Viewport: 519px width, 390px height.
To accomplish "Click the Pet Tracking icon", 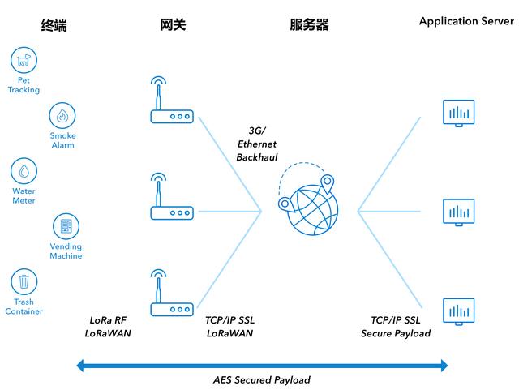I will [24, 60].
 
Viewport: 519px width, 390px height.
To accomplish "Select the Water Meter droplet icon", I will [24, 171].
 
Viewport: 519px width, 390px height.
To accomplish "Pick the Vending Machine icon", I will [66, 226].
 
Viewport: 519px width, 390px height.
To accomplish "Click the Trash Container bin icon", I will [24, 282].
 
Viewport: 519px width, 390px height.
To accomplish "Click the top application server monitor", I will [458, 113].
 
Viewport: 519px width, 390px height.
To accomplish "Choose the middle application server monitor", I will [458, 212].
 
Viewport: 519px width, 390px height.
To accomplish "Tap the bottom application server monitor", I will [458, 311].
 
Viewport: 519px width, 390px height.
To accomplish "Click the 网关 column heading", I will [173, 25].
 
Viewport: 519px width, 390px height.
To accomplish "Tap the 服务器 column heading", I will [309, 25].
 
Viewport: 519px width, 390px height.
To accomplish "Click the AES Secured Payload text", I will [262, 379].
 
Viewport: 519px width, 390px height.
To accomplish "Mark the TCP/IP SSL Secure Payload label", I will [395, 326].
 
